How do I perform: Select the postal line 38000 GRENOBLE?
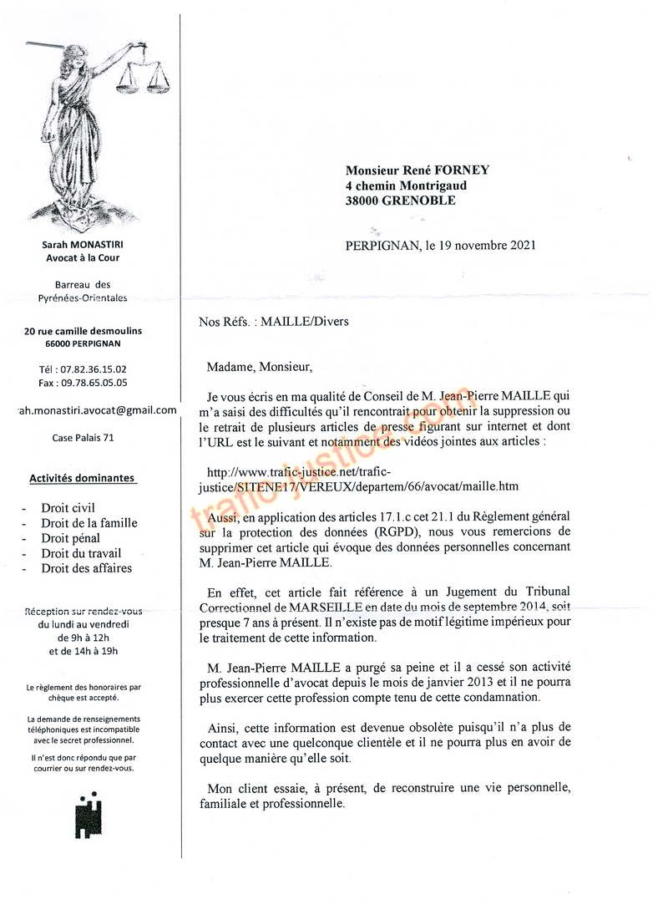(x=401, y=201)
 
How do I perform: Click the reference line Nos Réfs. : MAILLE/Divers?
(x=274, y=320)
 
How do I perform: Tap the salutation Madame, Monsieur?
(x=259, y=365)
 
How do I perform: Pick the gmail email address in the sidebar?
(x=98, y=409)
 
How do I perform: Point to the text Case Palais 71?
(x=83, y=437)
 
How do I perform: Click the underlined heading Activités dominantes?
(x=82, y=479)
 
